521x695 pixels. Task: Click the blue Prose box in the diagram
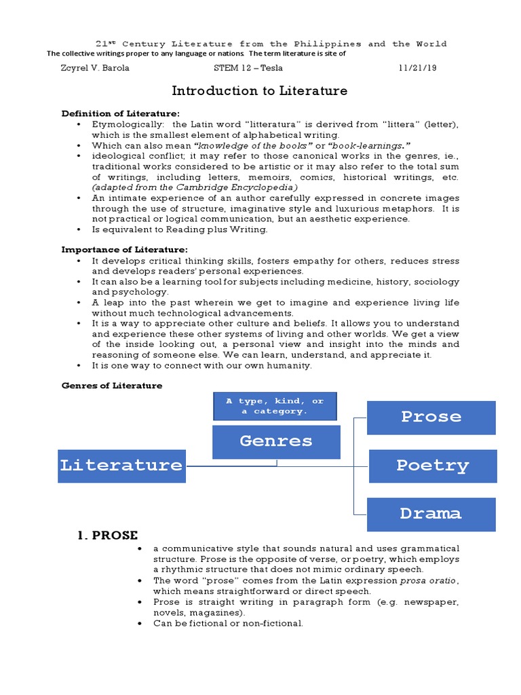[431, 417]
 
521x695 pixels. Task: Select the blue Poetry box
[432, 466]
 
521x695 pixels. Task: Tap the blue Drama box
[431, 514]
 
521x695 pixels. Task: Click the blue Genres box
[275, 442]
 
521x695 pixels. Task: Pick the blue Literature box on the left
[121, 466]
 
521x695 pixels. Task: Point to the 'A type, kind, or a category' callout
[275, 406]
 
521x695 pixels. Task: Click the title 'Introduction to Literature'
[259, 91]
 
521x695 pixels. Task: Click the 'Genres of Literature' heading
[112, 386]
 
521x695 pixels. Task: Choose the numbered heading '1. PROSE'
[107, 536]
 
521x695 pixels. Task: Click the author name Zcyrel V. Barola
[95, 68]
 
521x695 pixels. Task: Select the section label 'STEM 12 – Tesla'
[248, 68]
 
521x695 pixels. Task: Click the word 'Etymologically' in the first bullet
[125, 124]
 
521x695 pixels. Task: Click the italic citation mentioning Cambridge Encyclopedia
[195, 187]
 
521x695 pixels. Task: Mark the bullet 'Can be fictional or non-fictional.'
[228, 623]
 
